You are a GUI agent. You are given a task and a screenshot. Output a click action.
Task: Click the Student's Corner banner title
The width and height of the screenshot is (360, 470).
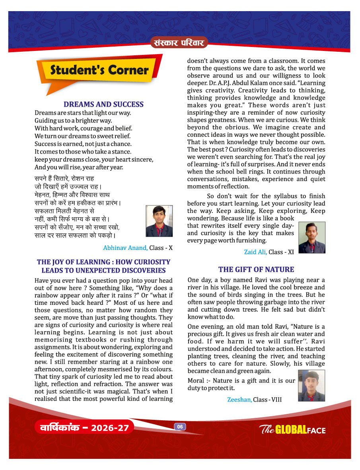tap(99, 70)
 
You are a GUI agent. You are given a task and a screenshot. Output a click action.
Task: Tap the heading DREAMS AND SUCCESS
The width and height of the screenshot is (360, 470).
tap(103, 105)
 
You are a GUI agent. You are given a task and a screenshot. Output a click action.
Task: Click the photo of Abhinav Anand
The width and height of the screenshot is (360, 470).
tap(159, 221)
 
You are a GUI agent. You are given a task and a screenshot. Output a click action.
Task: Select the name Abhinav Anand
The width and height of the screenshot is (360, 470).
tap(125, 248)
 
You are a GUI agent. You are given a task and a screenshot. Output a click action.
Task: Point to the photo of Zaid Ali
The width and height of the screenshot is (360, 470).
tap(312, 238)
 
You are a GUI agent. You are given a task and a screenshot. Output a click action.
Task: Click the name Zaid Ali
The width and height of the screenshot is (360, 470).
tap(255, 252)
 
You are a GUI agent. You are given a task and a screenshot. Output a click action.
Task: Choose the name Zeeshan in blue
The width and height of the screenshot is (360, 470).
tap(239, 400)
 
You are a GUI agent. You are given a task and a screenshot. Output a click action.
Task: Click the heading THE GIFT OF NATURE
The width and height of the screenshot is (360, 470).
tap(256, 269)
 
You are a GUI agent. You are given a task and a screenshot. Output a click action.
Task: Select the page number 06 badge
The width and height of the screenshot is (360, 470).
tap(180, 427)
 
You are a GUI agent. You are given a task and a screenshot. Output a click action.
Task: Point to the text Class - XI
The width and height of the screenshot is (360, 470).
tap(281, 252)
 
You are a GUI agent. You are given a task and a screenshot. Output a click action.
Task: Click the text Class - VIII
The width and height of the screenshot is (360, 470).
tap(267, 400)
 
